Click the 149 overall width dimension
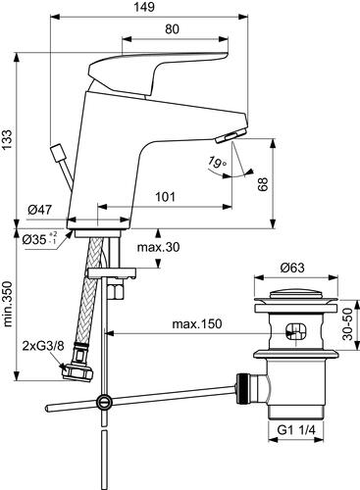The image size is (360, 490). [x=144, y=7]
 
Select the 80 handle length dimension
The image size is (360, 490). [x=172, y=29]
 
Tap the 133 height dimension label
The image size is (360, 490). [x=7, y=139]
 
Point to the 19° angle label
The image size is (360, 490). [x=217, y=162]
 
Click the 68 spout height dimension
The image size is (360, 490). [x=263, y=184]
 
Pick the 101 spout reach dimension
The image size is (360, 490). [x=165, y=197]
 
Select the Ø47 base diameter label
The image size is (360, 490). [x=39, y=210]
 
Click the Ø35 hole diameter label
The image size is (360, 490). [x=40, y=240]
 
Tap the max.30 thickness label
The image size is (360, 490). [x=158, y=247]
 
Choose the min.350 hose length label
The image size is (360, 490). [x=7, y=305]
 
